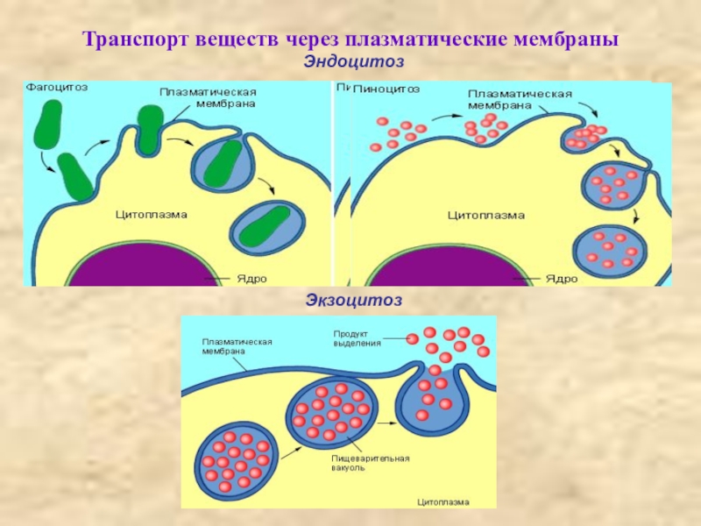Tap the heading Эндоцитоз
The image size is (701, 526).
coord(355,60)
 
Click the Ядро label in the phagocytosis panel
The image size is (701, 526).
coord(251,278)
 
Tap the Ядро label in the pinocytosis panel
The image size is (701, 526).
coord(561,278)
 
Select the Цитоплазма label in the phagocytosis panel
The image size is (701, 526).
coord(151,213)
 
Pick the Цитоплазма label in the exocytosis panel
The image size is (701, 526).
coord(443,501)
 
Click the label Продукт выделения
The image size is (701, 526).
coord(357,338)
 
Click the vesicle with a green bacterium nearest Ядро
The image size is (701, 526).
coord(266,226)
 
